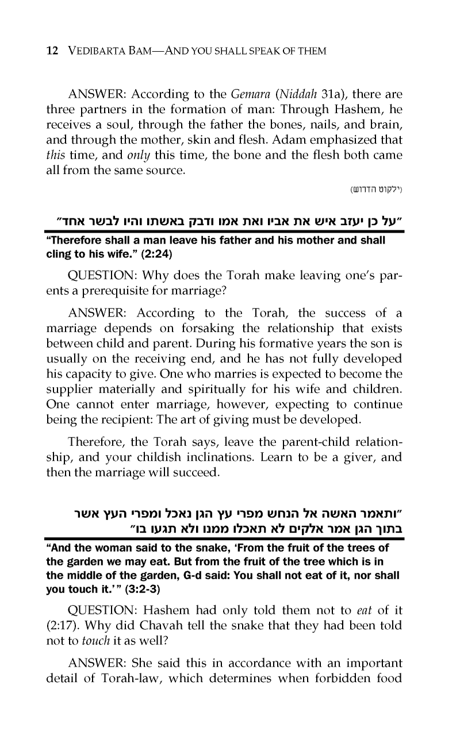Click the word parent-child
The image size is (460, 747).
point(322,442)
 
